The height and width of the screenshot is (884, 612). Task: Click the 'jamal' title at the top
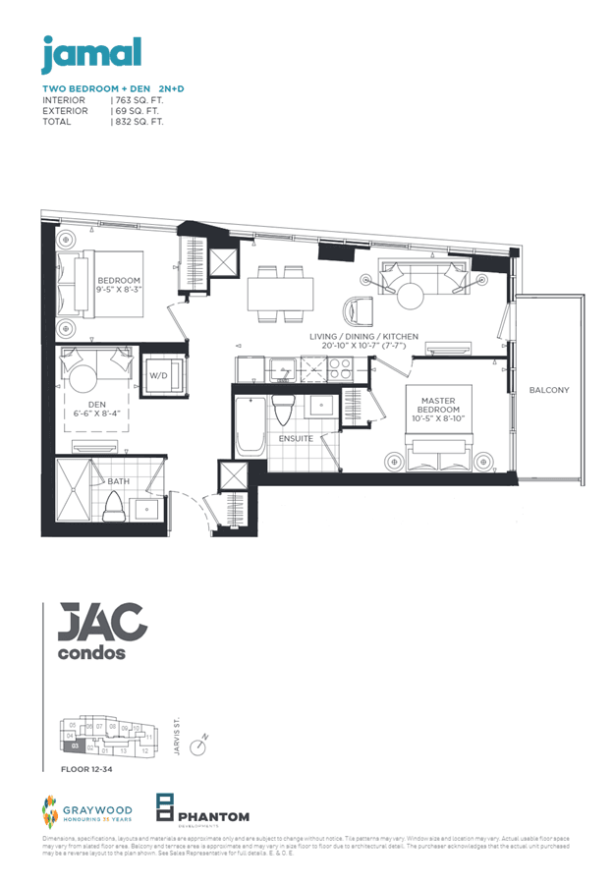pyautogui.click(x=91, y=54)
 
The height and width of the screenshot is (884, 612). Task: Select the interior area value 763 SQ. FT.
pyautogui.click(x=139, y=100)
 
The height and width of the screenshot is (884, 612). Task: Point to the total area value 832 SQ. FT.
pyautogui.click(x=139, y=122)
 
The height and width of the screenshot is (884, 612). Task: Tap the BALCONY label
pyautogui.click(x=548, y=390)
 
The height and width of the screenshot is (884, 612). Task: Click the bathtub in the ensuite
pyautogui.click(x=250, y=425)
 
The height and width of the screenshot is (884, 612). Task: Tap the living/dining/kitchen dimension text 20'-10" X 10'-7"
pyautogui.click(x=363, y=347)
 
